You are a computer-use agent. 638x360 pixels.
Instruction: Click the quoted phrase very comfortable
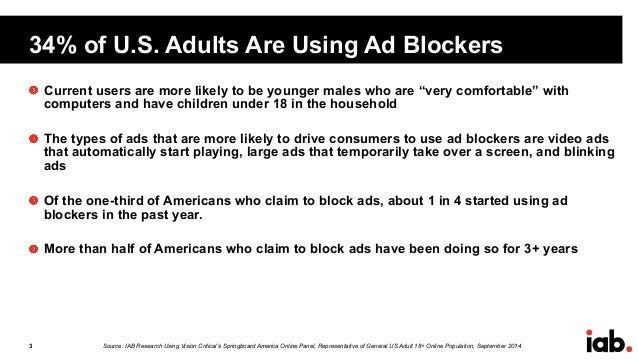coord(455,92)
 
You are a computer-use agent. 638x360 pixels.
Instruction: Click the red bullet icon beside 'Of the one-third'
coord(33,199)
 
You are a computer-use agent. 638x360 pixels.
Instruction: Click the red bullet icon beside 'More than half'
coord(33,247)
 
